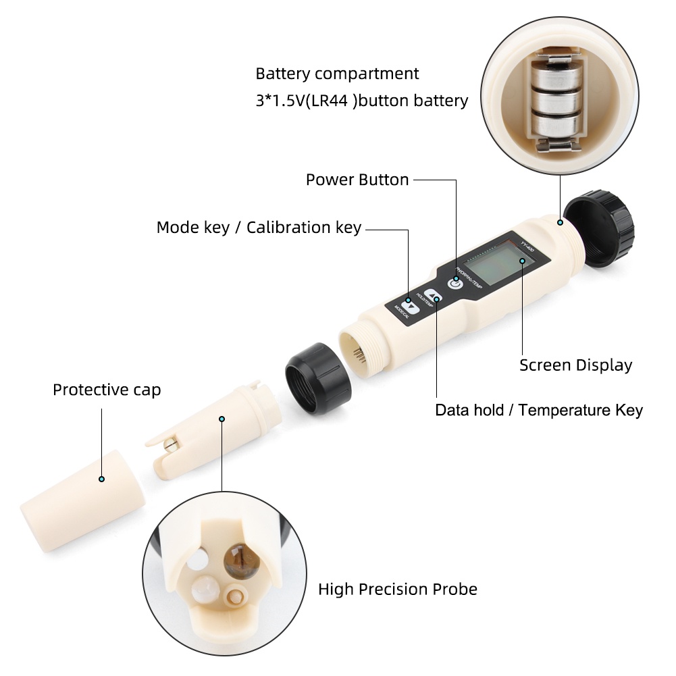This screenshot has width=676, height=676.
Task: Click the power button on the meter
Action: pos(457,284)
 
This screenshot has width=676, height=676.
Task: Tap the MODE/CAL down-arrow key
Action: pos(409,305)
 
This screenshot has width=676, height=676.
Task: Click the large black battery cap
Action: pos(598,230)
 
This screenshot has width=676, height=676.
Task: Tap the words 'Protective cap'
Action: pos(107,390)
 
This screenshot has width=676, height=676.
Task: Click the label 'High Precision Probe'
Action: pos(397,589)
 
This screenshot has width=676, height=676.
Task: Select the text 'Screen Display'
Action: pos(575,365)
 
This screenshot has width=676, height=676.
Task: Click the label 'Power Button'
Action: pos(357,180)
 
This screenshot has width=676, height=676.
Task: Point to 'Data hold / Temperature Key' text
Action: pos(538,410)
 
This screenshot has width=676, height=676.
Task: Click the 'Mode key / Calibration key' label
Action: pos(259,228)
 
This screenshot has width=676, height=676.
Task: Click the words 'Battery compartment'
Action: pos(337,74)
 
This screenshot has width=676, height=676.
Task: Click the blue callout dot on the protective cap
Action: pos(101,479)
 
